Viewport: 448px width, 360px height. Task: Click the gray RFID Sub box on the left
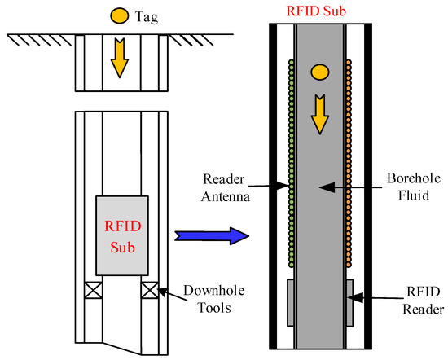point(122,235)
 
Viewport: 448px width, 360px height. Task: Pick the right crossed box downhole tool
point(148,288)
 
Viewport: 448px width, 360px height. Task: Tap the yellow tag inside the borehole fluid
point(321,73)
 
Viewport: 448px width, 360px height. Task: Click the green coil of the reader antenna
point(292,163)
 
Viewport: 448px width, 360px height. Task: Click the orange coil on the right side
point(351,163)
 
